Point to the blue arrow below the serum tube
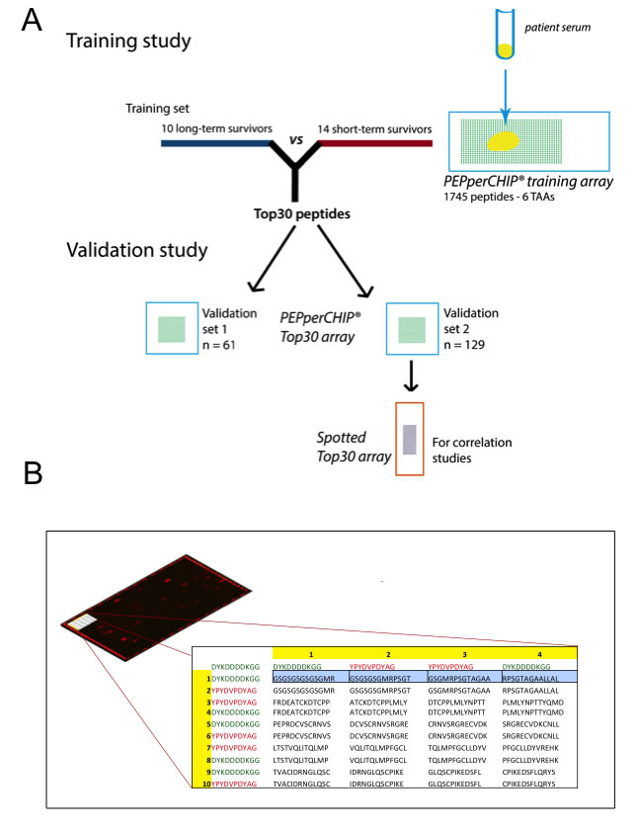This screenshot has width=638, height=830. [506, 85]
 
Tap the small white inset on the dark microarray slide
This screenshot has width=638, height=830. [78, 622]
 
